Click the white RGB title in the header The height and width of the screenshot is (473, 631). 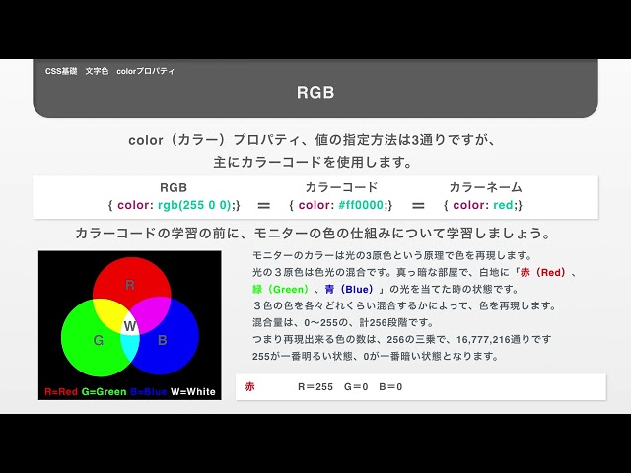(315, 92)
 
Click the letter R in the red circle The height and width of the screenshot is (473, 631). (129, 285)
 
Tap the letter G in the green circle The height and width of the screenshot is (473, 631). (99, 340)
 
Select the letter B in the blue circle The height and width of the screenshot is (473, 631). (162, 340)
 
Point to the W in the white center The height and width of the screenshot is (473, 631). (129, 326)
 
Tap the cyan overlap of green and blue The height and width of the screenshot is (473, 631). (129, 349)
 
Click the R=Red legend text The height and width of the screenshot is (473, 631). (61, 392)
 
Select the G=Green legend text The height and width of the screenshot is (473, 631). (104, 392)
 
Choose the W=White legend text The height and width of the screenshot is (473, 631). (193, 392)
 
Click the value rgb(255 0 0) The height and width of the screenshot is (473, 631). (194, 205)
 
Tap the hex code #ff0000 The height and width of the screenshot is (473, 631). (361, 205)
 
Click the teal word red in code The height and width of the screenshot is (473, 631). (503, 205)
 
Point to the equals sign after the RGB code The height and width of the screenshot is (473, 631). (263, 206)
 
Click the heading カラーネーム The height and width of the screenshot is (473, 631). (485, 187)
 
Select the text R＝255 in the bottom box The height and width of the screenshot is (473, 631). (315, 387)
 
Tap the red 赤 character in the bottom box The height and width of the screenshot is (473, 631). (249, 387)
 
